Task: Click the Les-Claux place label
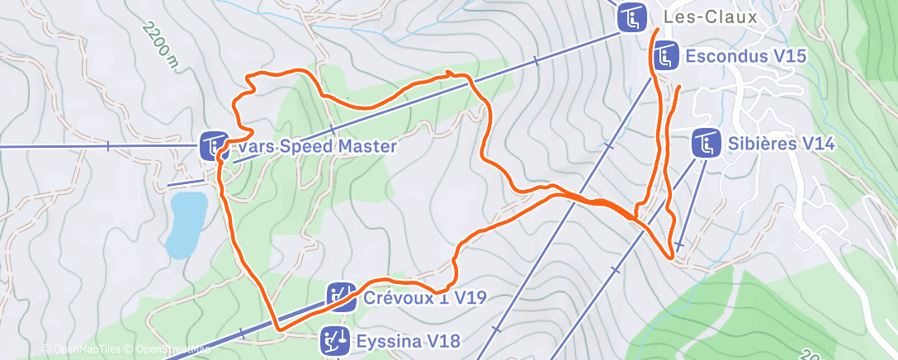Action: click(x=711, y=17)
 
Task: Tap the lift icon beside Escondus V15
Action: click(x=665, y=57)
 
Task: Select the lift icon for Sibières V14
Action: click(x=706, y=144)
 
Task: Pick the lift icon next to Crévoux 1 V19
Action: click(x=341, y=296)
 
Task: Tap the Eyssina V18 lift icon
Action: click(x=335, y=339)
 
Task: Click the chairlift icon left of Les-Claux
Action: click(x=632, y=17)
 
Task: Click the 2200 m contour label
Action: click(x=159, y=46)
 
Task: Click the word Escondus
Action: click(x=724, y=57)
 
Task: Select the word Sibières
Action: click(x=760, y=144)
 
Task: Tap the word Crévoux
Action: click(x=394, y=296)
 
